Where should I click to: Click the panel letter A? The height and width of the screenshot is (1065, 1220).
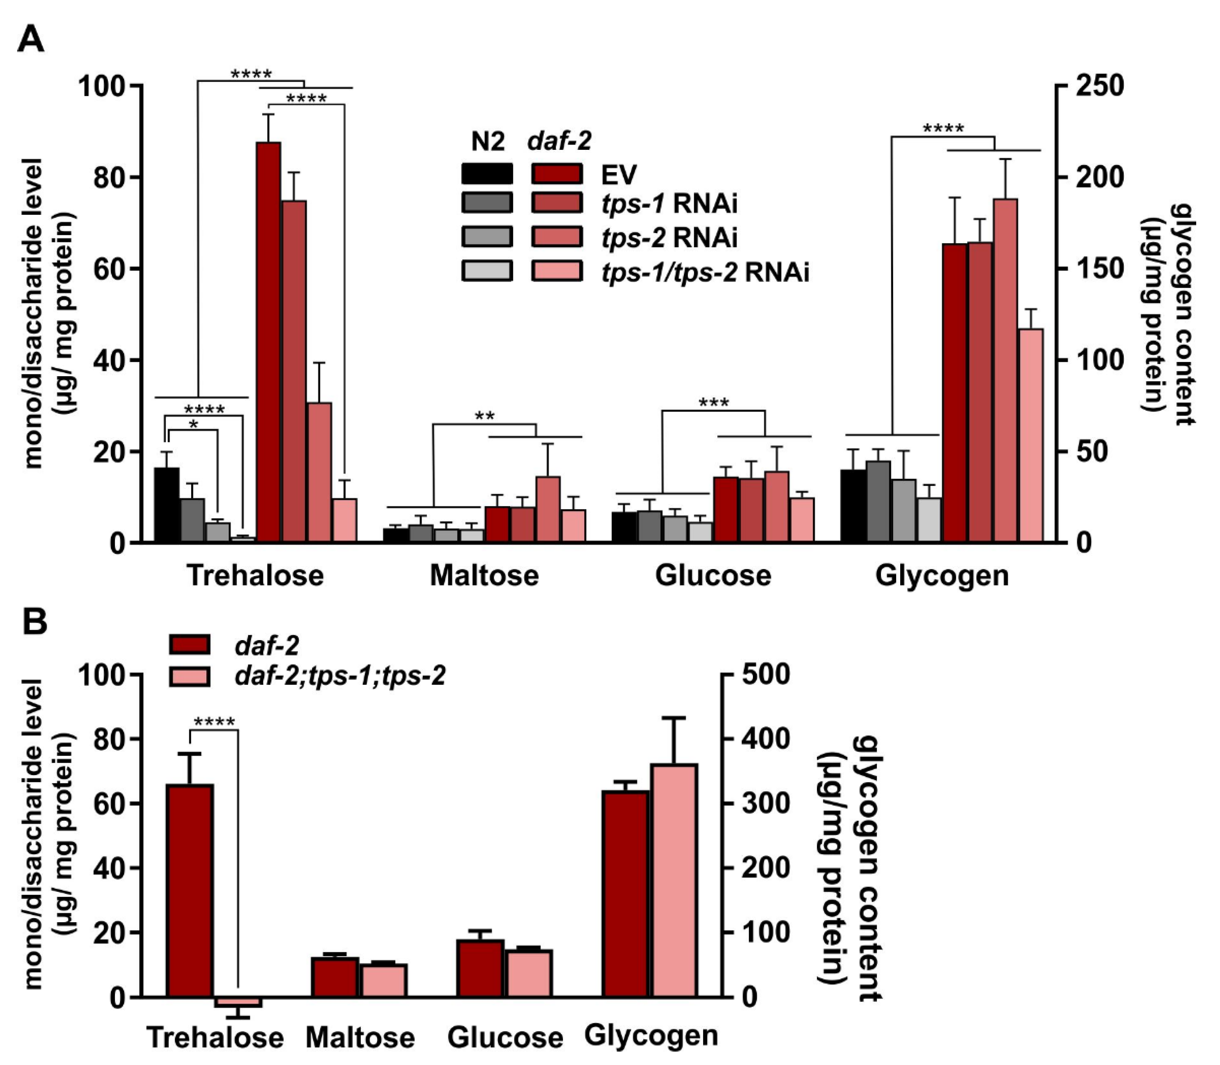click(x=30, y=41)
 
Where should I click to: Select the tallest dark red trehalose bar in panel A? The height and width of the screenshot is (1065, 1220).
click(x=268, y=342)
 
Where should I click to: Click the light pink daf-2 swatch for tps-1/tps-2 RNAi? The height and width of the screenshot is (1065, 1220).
click(x=557, y=271)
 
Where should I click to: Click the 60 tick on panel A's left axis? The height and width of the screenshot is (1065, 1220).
click(x=110, y=269)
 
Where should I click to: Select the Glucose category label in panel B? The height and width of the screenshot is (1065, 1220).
click(x=505, y=1037)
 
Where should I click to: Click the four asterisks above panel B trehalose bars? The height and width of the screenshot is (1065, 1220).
click(x=214, y=722)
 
